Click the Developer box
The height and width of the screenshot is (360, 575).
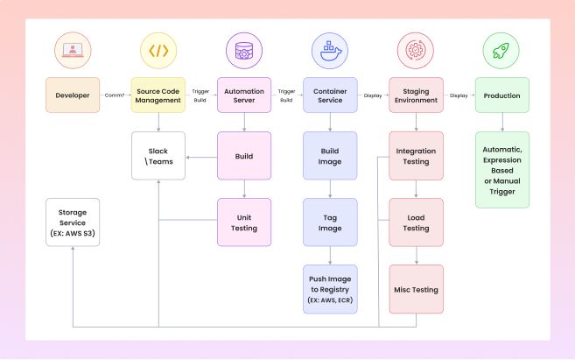(x=72, y=95)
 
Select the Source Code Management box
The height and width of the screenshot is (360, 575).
(x=158, y=95)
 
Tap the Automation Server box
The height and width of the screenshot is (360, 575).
(x=244, y=95)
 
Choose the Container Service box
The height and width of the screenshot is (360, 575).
(x=330, y=95)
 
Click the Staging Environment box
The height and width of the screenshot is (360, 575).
(x=416, y=95)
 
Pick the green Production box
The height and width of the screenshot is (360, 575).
(x=501, y=95)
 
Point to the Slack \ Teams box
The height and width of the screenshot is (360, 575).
(x=158, y=156)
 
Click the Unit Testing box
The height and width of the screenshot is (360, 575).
(x=244, y=222)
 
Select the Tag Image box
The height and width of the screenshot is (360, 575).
(x=330, y=222)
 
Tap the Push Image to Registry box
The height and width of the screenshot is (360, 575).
(x=330, y=289)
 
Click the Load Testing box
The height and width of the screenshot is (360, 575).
(x=416, y=222)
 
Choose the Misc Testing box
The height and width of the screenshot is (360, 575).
(x=416, y=289)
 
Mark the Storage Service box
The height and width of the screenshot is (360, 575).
(x=72, y=222)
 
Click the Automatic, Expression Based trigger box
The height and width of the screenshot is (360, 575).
(x=501, y=170)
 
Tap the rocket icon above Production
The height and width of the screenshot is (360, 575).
(x=501, y=50)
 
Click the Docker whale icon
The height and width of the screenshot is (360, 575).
(x=330, y=50)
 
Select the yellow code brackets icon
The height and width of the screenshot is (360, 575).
(x=158, y=50)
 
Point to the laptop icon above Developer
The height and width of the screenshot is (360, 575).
(x=72, y=50)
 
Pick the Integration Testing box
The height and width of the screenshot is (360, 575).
(x=416, y=156)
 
